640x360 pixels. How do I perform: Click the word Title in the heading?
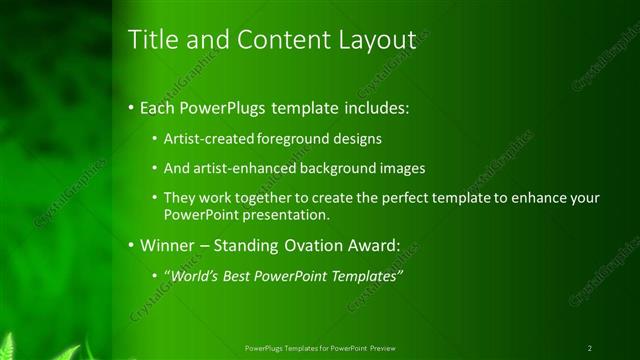[x=153, y=40]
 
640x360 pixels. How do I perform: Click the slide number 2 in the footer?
[x=590, y=348]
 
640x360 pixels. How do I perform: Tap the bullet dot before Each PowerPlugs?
[x=133, y=106]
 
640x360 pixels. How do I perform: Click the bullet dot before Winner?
[x=133, y=244]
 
